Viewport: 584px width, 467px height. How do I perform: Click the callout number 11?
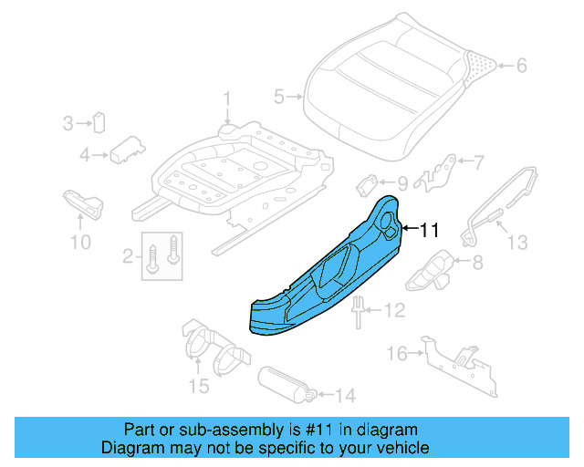[429, 230]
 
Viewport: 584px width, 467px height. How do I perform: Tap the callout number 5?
[279, 95]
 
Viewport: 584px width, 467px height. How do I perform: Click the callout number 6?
[521, 66]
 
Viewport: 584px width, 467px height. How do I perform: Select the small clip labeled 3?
[99, 121]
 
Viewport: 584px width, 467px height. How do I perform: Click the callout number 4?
[84, 155]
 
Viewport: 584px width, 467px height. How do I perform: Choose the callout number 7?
[479, 162]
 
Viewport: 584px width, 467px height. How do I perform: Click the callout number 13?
[516, 242]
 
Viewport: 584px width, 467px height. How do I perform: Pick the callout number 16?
[396, 353]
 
